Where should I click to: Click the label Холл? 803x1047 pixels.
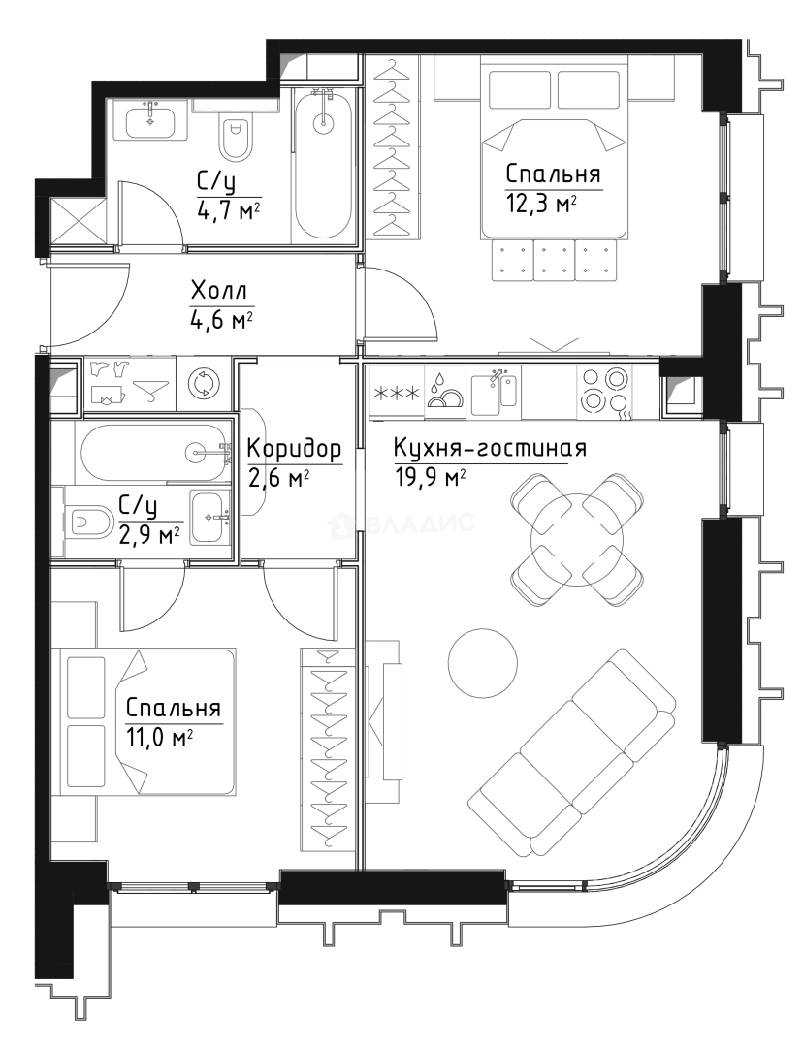(x=218, y=291)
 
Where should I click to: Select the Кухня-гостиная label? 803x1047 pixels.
(x=490, y=448)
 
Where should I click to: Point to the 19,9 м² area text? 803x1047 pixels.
(x=429, y=478)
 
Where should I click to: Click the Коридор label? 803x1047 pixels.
(x=294, y=450)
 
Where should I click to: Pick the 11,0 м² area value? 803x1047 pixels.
(x=159, y=738)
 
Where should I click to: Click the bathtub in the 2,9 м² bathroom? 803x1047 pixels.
(x=153, y=453)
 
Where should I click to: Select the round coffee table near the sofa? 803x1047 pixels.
(x=482, y=662)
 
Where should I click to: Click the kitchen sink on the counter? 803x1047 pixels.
(x=495, y=392)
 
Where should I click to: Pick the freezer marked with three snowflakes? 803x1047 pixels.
(x=396, y=394)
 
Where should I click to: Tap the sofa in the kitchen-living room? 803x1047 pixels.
(x=572, y=752)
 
